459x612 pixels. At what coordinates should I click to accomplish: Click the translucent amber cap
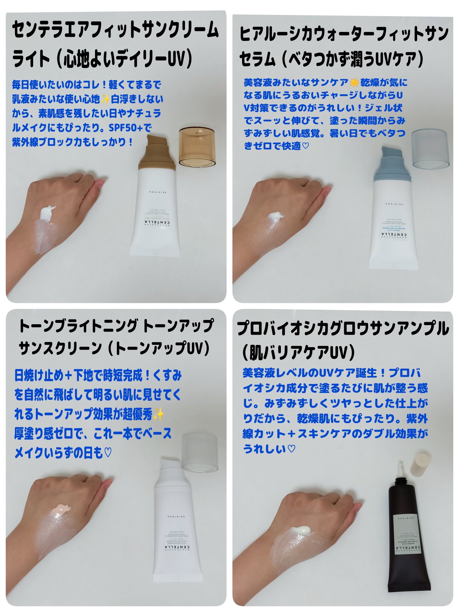tap(197, 147)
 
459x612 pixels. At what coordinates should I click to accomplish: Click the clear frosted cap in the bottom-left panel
tap(200, 453)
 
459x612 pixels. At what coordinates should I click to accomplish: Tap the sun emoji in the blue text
tap(354, 82)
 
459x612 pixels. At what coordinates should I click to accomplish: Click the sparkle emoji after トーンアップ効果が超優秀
tap(159, 414)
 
